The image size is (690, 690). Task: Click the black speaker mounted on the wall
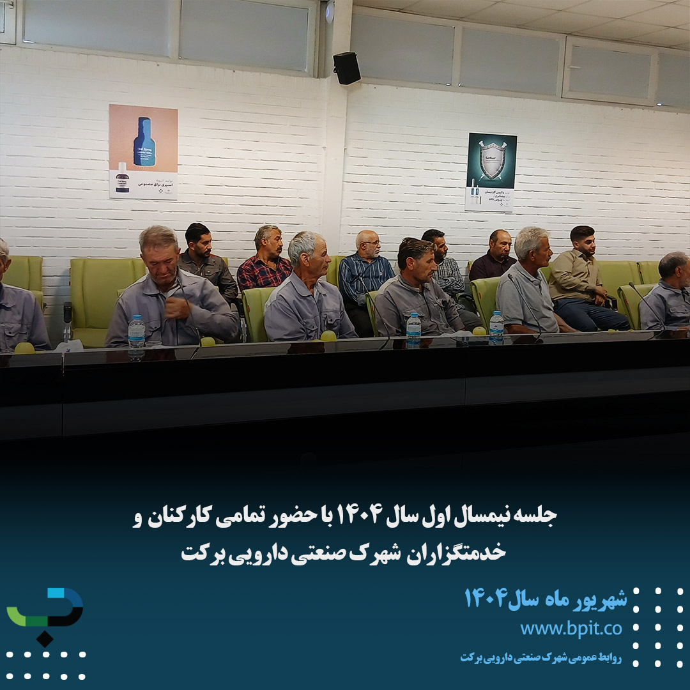[x=347, y=68]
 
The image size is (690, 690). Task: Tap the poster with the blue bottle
[x=143, y=151]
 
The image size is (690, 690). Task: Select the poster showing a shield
[x=491, y=171]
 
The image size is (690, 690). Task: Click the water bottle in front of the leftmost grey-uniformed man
[x=136, y=333]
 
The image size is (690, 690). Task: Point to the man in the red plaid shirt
[x=266, y=262]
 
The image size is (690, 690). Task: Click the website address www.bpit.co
[x=571, y=628]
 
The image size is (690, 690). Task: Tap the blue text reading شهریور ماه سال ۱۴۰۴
[x=545, y=599]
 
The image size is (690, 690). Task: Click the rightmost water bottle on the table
[x=496, y=326]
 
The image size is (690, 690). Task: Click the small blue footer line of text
[x=540, y=657]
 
